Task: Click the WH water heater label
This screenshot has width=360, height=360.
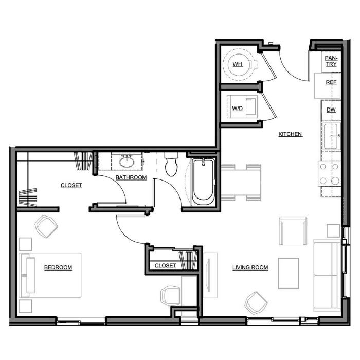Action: click(238, 64)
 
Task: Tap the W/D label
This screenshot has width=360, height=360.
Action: click(237, 109)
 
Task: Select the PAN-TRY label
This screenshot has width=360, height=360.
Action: click(331, 61)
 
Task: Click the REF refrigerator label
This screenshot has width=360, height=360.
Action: click(331, 82)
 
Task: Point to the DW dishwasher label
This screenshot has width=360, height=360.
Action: click(331, 110)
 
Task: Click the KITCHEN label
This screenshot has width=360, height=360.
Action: click(290, 134)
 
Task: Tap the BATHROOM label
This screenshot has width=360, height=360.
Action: click(131, 177)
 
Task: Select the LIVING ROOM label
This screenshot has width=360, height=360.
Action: click(250, 267)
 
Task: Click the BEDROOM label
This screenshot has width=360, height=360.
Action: click(58, 267)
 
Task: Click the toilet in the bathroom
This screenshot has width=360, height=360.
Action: click(171, 164)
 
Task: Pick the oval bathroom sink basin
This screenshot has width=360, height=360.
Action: click(127, 161)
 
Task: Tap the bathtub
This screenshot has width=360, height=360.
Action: click(203, 182)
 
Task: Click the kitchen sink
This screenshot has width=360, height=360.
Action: click(331, 136)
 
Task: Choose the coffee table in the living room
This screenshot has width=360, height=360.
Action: click(289, 273)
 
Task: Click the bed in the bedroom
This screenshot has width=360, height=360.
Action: click(50, 275)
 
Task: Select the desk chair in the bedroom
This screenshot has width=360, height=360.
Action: click(170, 296)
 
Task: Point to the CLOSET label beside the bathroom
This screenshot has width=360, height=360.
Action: click(71, 185)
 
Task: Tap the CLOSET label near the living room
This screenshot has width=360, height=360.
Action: click(165, 266)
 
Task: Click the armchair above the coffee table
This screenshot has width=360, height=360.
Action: click(293, 231)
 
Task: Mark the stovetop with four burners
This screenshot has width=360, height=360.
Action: click(329, 174)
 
